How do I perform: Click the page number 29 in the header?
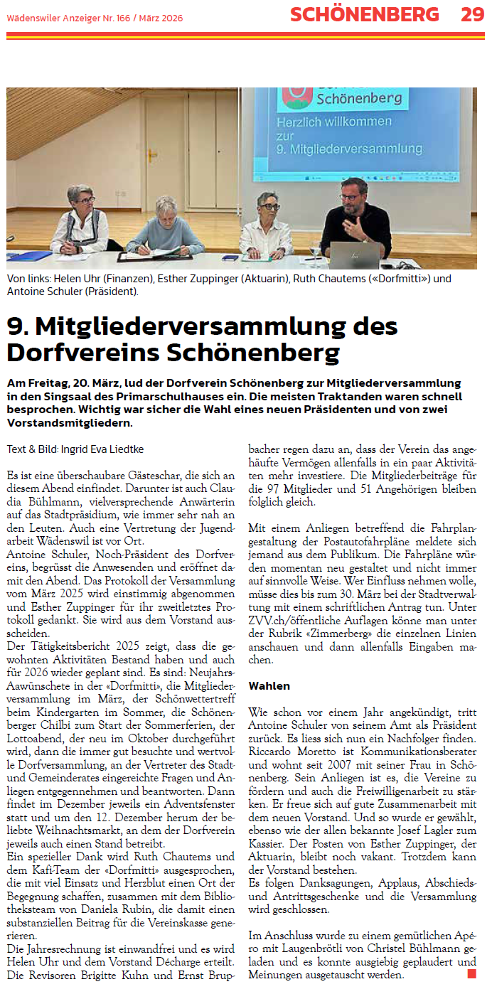(472, 14)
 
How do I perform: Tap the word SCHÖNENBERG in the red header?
(365, 14)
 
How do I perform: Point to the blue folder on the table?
(28, 256)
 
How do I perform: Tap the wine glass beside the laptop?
(316, 248)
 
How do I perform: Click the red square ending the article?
(471, 972)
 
